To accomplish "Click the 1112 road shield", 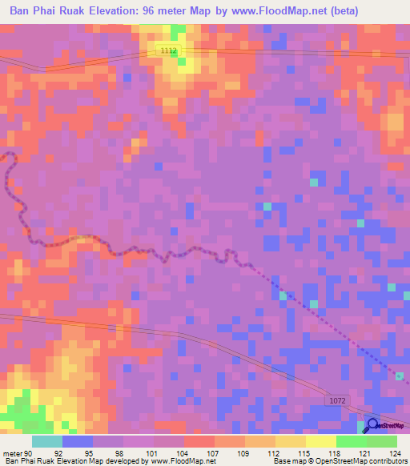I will [x=167, y=50].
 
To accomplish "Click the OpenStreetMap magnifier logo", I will [x=374, y=425].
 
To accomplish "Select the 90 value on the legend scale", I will [x=29, y=452].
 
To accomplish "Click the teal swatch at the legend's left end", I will [x=47, y=441].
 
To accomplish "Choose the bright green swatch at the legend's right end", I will [x=381, y=441].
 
